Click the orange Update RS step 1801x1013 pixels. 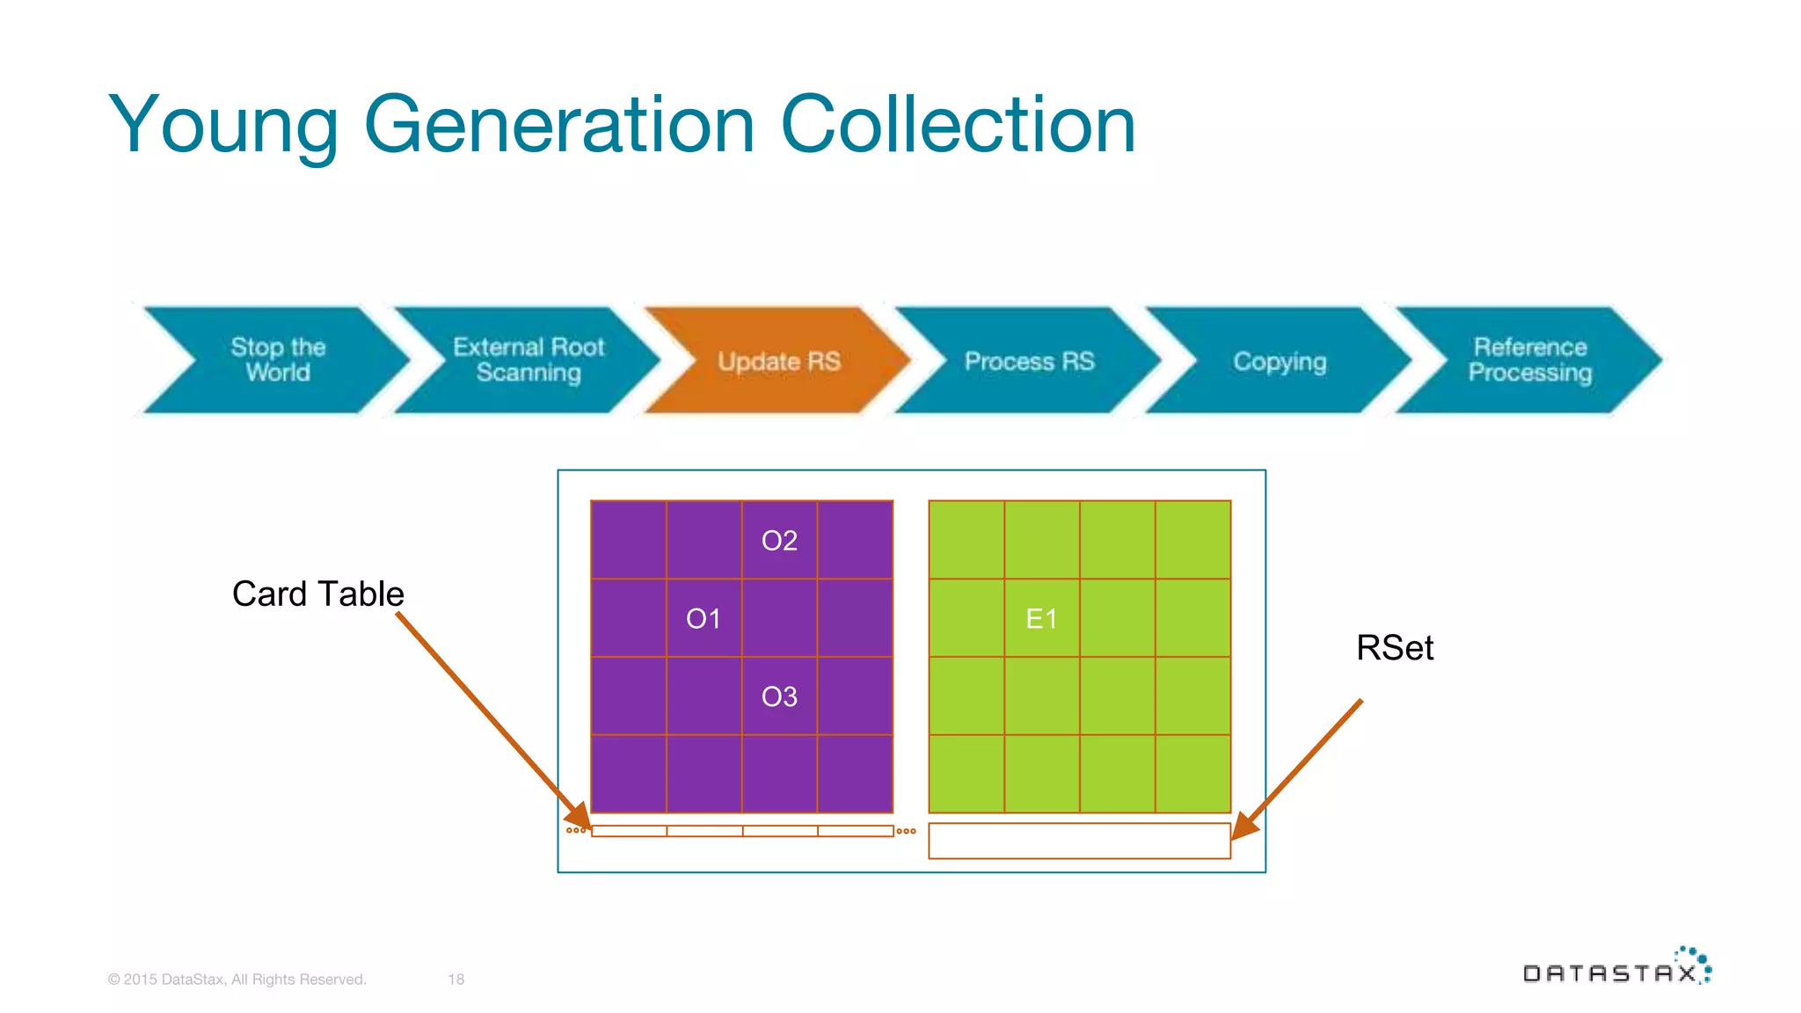point(778,361)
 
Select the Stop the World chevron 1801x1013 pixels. point(277,360)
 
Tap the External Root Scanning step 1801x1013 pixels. point(528,360)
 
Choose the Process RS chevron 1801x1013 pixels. point(1029,361)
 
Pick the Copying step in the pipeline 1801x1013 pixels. point(1280,361)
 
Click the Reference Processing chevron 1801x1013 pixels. point(1530,360)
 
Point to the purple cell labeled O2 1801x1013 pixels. point(779,540)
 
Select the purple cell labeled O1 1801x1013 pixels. point(704,618)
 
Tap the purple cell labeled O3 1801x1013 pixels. point(779,696)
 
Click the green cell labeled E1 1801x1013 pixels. point(1042,618)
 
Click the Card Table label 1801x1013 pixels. point(317,594)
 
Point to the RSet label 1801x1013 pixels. point(1395,648)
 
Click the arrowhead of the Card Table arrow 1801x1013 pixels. point(582,818)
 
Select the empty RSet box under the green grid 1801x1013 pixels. point(1079,841)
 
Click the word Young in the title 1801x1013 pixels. point(223,125)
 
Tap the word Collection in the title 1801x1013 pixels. point(958,125)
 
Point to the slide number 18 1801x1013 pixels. point(456,980)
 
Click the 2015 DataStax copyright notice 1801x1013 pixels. point(237,980)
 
